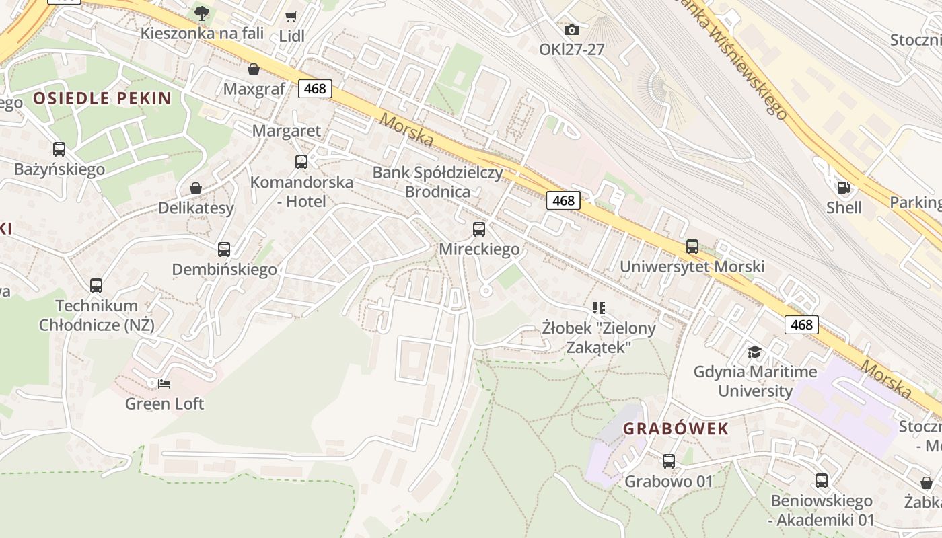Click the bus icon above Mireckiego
pyautogui.click(x=479, y=229)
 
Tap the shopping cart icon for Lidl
pyautogui.click(x=291, y=17)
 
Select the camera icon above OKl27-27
pyautogui.click(x=572, y=30)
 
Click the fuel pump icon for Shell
pyautogui.click(x=842, y=188)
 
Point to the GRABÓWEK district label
pyautogui.click(x=676, y=428)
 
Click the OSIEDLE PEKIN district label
pyautogui.click(x=102, y=98)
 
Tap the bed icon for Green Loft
pyautogui.click(x=164, y=384)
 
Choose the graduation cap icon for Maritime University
pyautogui.click(x=754, y=352)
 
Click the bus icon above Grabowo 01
pyautogui.click(x=668, y=461)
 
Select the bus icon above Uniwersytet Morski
pyautogui.click(x=692, y=247)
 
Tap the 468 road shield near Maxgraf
pyautogui.click(x=315, y=88)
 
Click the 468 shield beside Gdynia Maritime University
pyautogui.click(x=801, y=325)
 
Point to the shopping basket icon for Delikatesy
pyautogui.click(x=196, y=188)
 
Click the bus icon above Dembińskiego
pyautogui.click(x=224, y=249)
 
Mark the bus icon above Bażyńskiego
pyautogui.click(x=59, y=149)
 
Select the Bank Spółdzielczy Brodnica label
pyautogui.click(x=437, y=182)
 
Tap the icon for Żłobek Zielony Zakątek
pyautogui.click(x=599, y=308)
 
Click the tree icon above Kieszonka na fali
pyautogui.click(x=201, y=13)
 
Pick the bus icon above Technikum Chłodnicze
pyautogui.click(x=96, y=286)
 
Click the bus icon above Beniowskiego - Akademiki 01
pyautogui.click(x=821, y=481)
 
